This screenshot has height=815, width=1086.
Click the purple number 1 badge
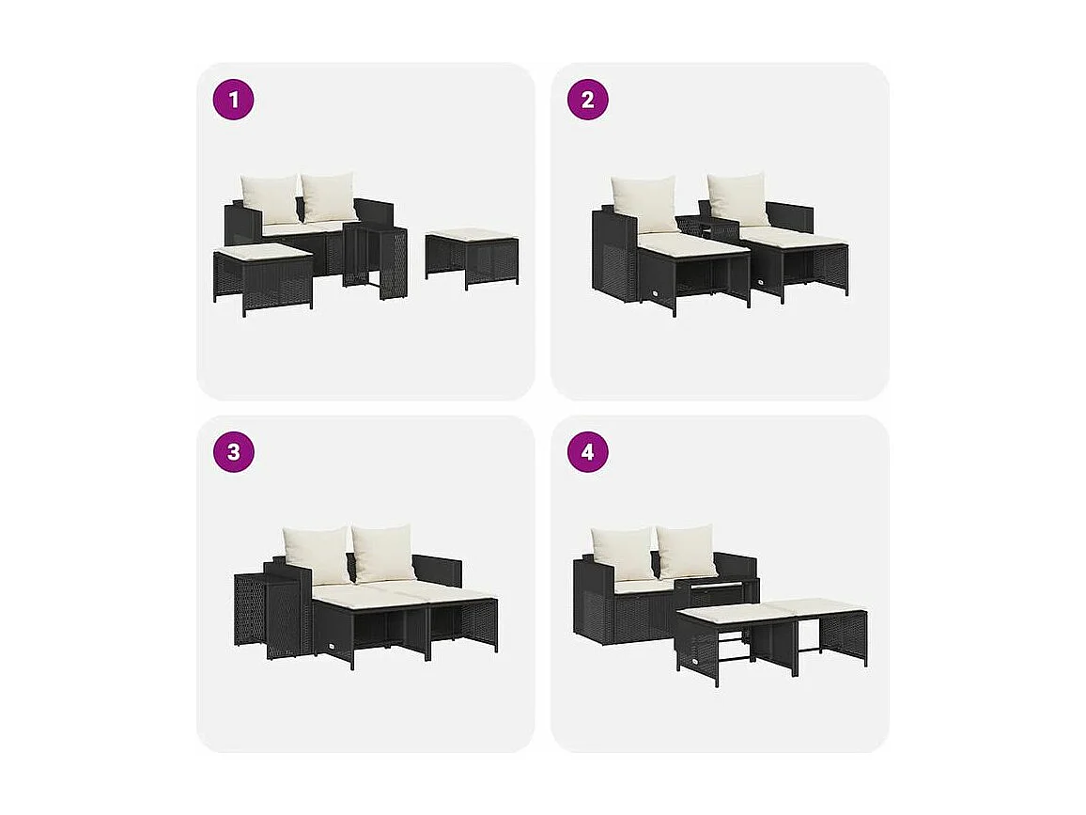coord(233,100)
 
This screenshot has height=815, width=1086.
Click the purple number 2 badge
coord(587,100)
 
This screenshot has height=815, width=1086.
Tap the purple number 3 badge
coord(233,452)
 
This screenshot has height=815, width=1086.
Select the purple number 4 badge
coord(587,452)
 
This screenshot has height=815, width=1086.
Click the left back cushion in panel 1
coord(270,198)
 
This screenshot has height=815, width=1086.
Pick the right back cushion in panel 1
coord(329,196)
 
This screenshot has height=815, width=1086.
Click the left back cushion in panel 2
coord(644,203)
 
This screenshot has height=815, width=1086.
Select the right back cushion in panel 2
coord(738,198)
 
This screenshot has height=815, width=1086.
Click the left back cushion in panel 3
coord(317,554)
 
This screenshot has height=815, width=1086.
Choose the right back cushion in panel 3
coord(383,552)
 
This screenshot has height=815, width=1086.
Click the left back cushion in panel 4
coord(622,553)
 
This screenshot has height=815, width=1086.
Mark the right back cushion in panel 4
coord(687,551)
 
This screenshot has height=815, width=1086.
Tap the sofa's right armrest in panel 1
coord(375,211)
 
